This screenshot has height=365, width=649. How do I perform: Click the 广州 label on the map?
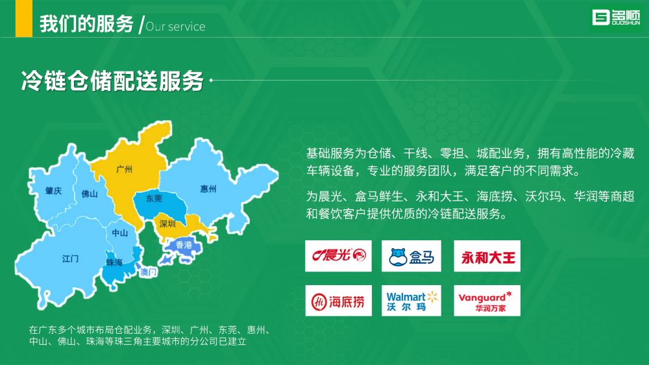pyautogui.click(x=124, y=170)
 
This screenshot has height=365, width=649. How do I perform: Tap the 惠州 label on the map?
pyautogui.click(x=208, y=189)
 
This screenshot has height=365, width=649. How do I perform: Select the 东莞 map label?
pyautogui.click(x=154, y=199)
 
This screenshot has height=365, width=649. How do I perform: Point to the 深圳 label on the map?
pyautogui.click(x=167, y=223)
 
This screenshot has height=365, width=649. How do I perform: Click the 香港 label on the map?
pyautogui.click(x=184, y=245)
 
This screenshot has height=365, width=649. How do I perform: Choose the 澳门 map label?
pyautogui.click(x=148, y=272)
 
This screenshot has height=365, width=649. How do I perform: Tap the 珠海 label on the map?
pyautogui.click(x=114, y=262)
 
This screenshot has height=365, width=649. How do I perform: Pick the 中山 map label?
pyautogui.click(x=119, y=233)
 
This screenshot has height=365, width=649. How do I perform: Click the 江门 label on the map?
pyautogui.click(x=70, y=259)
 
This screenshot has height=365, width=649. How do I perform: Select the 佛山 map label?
pyautogui.click(x=90, y=194)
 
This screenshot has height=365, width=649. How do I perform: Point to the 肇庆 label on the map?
pyautogui.click(x=53, y=191)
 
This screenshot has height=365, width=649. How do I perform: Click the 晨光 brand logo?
pyautogui.click(x=339, y=256)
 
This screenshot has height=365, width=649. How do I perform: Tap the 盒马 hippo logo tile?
pyautogui.click(x=411, y=256)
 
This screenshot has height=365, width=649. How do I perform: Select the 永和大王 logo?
pyautogui.click(x=487, y=256)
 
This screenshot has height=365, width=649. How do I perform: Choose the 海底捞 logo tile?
pyautogui.click(x=339, y=301)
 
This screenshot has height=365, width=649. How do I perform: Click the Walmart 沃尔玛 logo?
pyautogui.click(x=411, y=301)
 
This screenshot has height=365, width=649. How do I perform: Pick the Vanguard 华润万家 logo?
pyautogui.click(x=487, y=301)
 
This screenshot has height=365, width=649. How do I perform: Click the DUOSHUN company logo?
pyautogui.click(x=617, y=18)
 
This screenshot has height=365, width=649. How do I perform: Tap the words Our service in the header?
pyautogui.click(x=175, y=27)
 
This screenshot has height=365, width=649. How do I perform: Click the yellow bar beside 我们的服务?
pyautogui.click(x=24, y=19)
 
